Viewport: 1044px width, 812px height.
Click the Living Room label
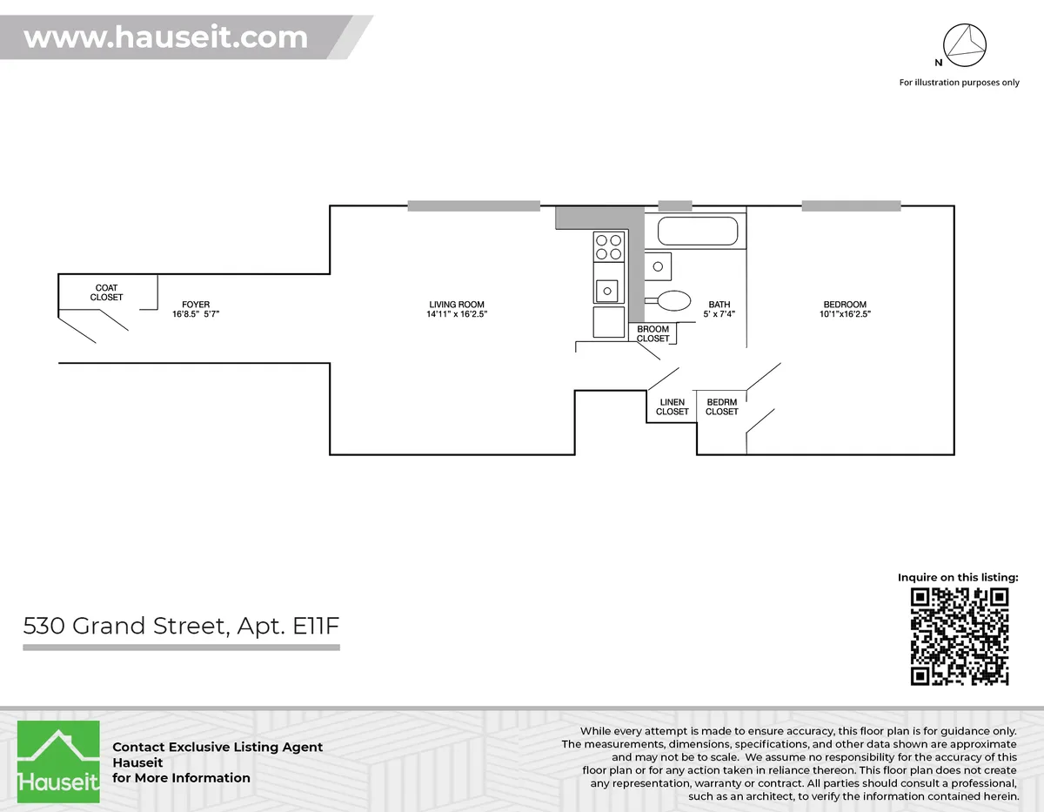pos(456,305)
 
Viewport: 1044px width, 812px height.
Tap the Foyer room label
pos(196,305)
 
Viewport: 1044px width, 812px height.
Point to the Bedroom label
pos(845,305)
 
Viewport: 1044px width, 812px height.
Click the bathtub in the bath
pos(698,232)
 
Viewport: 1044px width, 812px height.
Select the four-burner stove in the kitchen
pos(608,247)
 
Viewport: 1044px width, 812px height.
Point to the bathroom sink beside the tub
pos(659,265)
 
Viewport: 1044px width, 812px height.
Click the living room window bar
pos(474,206)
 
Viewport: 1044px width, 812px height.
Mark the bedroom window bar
pos(851,206)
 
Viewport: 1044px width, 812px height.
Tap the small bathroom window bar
pos(675,206)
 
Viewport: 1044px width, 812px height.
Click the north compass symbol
pos(964,44)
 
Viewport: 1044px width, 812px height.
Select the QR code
pos(960,636)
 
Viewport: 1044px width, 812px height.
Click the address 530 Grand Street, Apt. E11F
pos(180,626)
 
